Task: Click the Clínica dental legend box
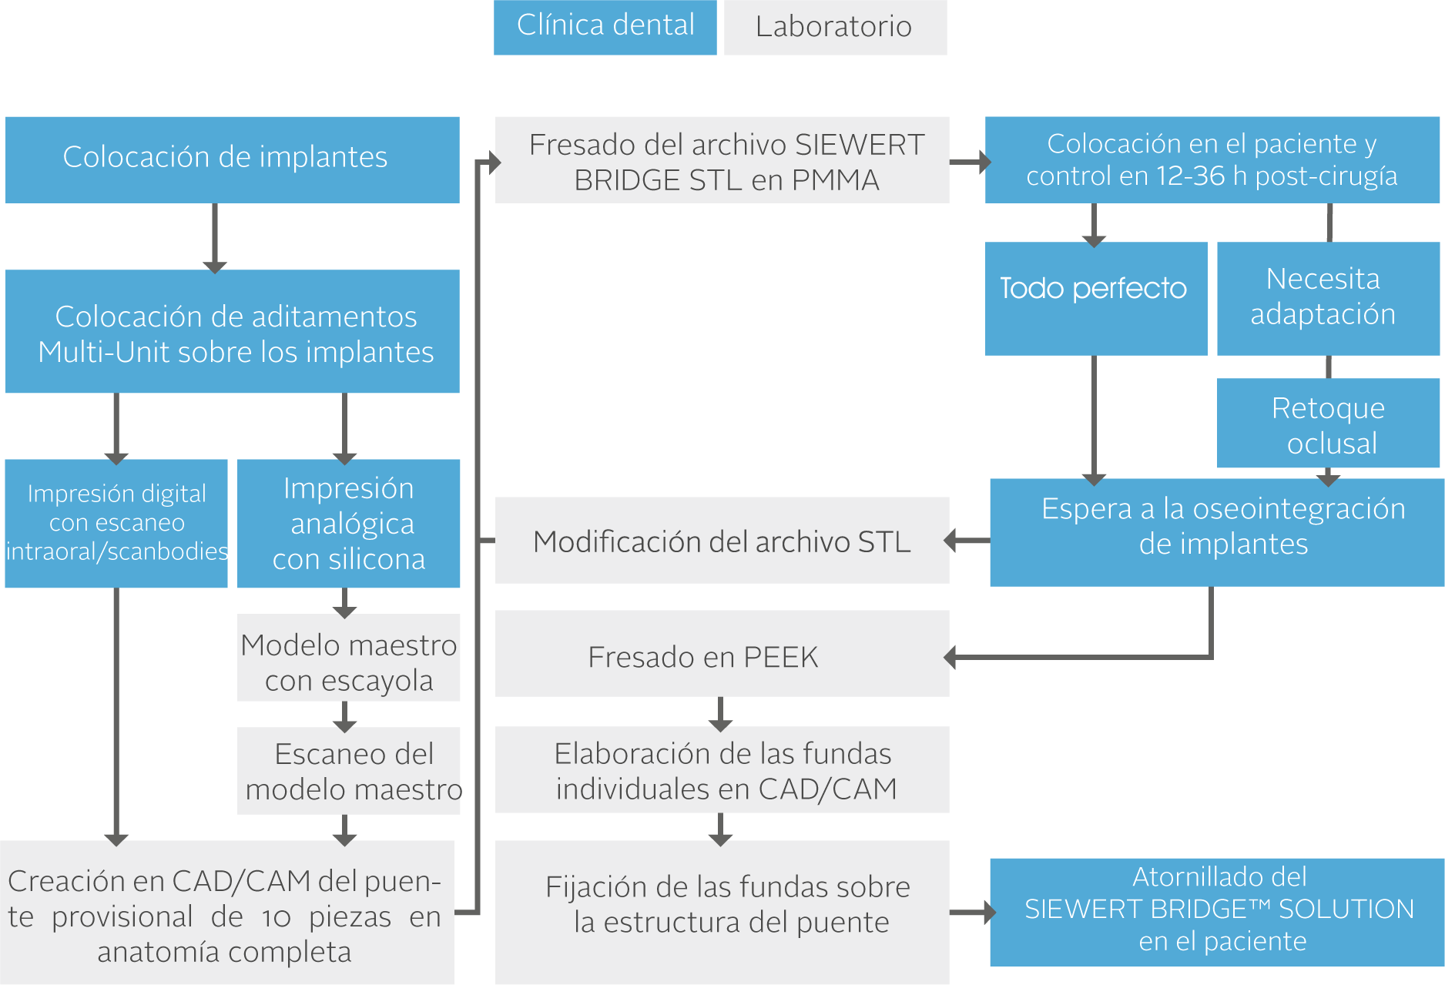click(x=605, y=27)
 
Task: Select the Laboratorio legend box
click(x=835, y=28)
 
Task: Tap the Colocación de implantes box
click(x=232, y=159)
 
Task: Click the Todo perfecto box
click(x=1095, y=298)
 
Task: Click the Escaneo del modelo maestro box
click(x=348, y=770)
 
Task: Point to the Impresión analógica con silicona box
click(x=348, y=524)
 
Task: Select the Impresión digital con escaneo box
click(x=116, y=524)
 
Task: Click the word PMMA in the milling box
click(x=835, y=180)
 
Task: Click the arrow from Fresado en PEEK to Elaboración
click(x=720, y=712)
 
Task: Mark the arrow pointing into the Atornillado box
click(x=971, y=913)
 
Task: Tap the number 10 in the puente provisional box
click(x=276, y=917)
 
